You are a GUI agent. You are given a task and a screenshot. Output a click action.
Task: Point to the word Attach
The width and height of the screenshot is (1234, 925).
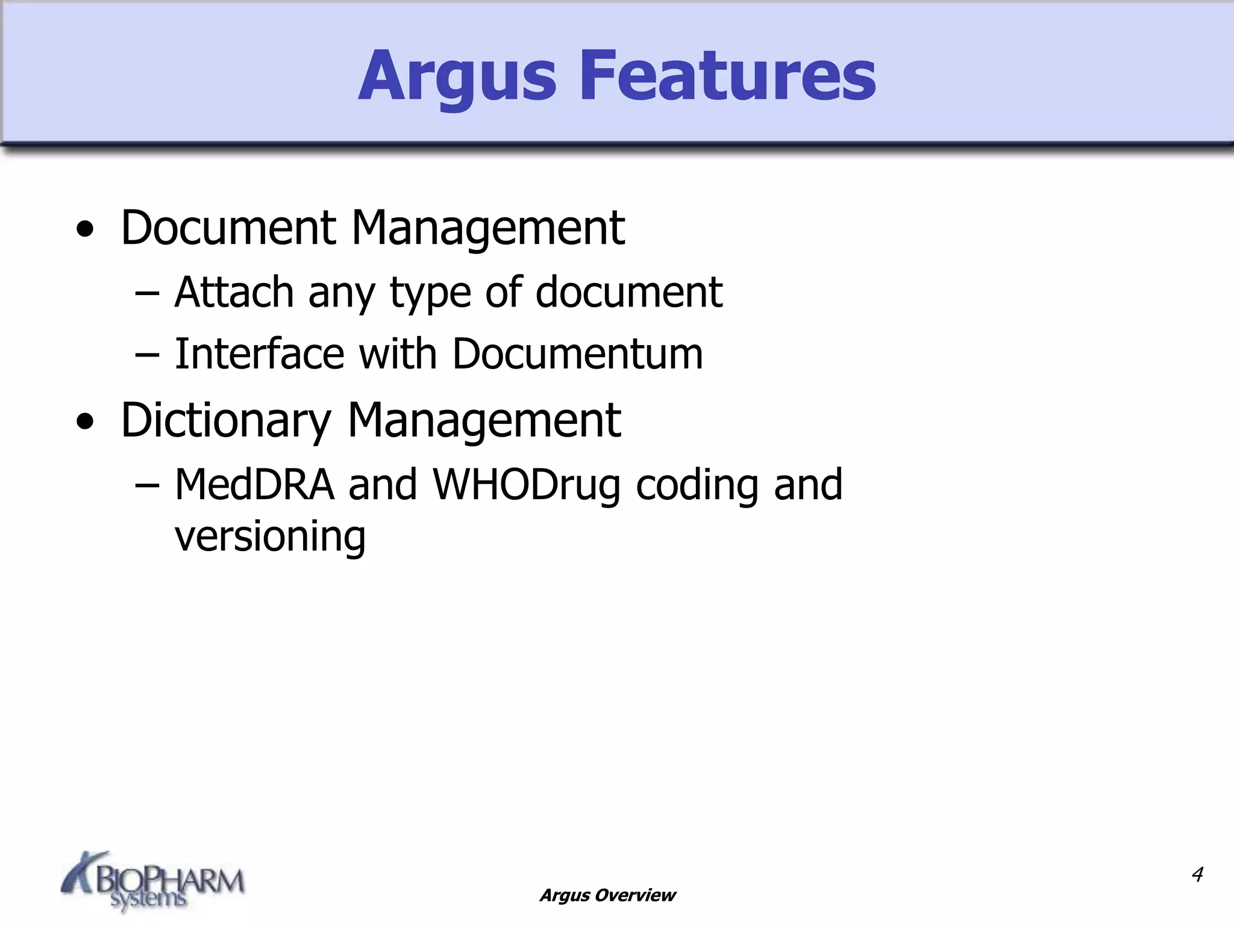(234, 292)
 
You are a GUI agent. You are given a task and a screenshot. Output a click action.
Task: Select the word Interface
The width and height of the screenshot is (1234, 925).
(259, 353)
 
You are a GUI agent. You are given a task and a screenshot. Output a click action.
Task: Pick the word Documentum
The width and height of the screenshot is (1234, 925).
(577, 353)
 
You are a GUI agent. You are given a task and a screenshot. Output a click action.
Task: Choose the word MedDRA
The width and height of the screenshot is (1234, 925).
(254, 484)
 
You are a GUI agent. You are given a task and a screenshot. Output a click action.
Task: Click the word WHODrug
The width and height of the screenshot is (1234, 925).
(527, 484)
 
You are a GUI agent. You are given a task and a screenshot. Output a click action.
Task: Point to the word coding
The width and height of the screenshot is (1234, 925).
(697, 484)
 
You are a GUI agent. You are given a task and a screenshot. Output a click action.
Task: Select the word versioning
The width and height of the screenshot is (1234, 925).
(270, 536)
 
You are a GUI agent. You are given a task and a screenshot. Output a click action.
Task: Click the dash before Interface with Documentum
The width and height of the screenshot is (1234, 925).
(147, 355)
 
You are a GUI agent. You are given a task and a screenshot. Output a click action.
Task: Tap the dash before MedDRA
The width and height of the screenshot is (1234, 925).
(147, 486)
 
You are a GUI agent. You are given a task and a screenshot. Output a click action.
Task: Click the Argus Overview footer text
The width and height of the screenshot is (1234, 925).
(607, 895)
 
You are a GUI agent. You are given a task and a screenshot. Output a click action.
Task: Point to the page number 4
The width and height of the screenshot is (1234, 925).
(1197, 874)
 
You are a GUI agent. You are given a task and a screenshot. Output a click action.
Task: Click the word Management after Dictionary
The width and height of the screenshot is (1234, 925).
(484, 420)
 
